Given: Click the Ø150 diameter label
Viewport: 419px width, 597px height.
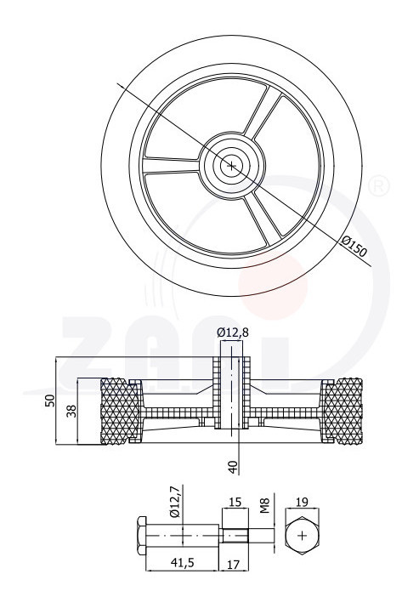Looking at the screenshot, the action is tap(354, 247).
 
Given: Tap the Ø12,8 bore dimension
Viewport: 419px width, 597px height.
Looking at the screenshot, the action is tap(233, 333).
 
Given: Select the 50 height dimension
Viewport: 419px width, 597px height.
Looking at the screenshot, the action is tap(50, 401).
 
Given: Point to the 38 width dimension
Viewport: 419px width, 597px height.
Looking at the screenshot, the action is tap(71, 411).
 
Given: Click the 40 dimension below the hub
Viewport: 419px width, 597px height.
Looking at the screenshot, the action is tap(233, 467).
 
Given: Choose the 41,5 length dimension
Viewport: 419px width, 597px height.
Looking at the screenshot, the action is tap(182, 563).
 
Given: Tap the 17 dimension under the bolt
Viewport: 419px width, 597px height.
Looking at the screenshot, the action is tap(233, 564).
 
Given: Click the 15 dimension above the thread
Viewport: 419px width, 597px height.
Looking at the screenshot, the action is tap(235, 502).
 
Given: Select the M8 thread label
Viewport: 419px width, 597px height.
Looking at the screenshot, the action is tap(265, 506).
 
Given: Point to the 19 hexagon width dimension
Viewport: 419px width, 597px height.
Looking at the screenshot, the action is tap(303, 502).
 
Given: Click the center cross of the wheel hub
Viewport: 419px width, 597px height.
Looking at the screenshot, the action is tap(231, 166).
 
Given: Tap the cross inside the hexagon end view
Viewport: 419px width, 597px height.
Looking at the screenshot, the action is tap(303, 536).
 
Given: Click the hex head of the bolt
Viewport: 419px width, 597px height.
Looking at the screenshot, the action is tap(141, 536).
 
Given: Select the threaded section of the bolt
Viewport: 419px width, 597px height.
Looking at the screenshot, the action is tap(235, 536).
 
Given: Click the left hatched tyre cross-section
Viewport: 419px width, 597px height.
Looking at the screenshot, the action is tap(119, 411).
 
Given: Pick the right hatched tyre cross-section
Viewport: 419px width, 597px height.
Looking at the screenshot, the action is tap(343, 411).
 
